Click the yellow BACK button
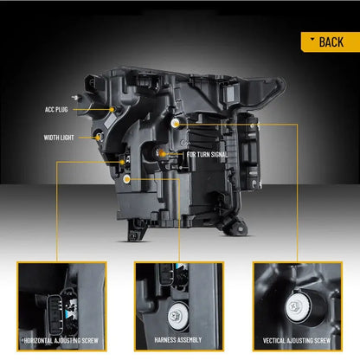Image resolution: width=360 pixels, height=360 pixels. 331,42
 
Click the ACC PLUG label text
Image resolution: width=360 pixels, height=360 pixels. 56,110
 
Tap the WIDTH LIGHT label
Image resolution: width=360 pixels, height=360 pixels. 59,138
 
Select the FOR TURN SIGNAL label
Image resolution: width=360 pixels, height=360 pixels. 207,154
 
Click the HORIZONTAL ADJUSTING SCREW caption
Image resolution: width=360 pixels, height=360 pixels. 61,341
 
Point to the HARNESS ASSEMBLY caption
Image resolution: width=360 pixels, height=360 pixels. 178,340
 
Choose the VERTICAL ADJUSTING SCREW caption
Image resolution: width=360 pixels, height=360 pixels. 297,341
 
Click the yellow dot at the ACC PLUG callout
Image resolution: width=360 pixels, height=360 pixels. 112,109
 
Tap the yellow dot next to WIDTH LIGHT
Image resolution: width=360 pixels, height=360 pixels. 98,138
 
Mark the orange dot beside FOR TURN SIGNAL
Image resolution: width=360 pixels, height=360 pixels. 163,154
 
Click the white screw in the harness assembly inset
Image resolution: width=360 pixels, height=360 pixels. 177,316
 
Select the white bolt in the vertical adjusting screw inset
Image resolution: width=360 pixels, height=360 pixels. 298,306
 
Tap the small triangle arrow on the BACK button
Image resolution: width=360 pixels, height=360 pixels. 312,39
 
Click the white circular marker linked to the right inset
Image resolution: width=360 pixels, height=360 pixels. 175,123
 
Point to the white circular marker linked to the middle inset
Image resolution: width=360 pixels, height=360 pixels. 126,179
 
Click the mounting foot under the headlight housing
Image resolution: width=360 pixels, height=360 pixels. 136,231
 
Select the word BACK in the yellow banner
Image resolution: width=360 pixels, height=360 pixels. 331,42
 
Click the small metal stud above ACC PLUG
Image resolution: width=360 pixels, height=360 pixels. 76,98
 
